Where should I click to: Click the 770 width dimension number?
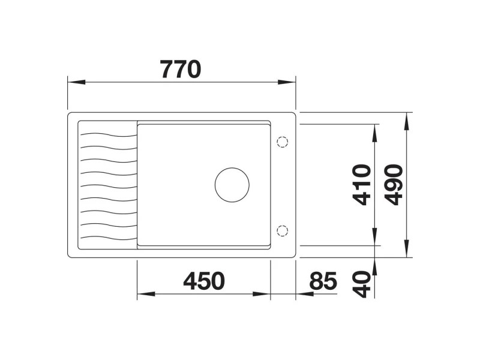pyautogui.click(x=181, y=69)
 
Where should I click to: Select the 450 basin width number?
pyautogui.click(x=204, y=281)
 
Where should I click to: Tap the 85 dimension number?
pyautogui.click(x=323, y=281)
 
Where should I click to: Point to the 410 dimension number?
pyautogui.click(x=362, y=185)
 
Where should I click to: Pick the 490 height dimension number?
pyautogui.click(x=394, y=185)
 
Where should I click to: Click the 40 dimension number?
pyautogui.click(x=362, y=284)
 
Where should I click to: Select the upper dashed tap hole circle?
pyautogui.click(x=282, y=142)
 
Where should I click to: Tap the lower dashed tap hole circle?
pyautogui.click(x=282, y=230)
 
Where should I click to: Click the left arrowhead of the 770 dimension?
pyautogui.click(x=76, y=82)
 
